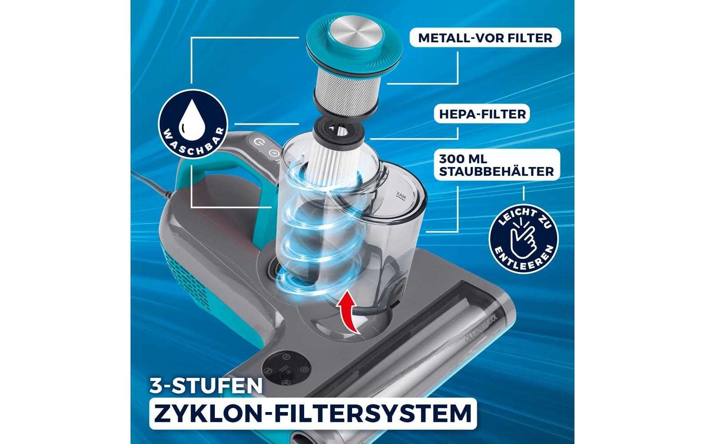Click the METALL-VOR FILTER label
[x=485, y=38]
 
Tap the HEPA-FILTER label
[x=482, y=114]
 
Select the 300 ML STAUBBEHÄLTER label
[x=496, y=165]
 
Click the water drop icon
[x=192, y=119]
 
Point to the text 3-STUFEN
[x=205, y=385]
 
